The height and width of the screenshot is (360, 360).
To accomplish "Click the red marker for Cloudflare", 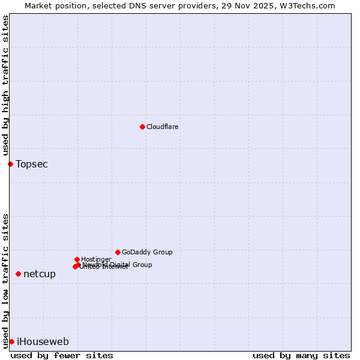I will click(142, 127).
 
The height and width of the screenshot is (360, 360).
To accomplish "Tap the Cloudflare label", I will click(163, 127).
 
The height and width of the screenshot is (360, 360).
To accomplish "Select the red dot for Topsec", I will click(10, 164).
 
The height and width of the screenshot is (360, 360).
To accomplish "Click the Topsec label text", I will click(32, 164).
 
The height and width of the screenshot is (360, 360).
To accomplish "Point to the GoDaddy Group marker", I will click(118, 252).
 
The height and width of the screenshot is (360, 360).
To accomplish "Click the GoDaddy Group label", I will click(147, 253).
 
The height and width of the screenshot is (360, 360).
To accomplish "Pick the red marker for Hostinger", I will click(77, 259).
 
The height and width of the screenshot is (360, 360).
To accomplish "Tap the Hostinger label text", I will click(96, 260).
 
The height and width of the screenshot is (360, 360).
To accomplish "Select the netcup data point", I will click(18, 274).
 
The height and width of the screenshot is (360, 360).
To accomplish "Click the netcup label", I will click(40, 274).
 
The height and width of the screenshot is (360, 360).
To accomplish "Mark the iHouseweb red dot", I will click(11, 341).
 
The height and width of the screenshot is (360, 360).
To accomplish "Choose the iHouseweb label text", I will click(43, 342).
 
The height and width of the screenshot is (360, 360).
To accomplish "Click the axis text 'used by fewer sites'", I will click(62, 355).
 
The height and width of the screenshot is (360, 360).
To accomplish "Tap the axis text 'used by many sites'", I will click(301, 355).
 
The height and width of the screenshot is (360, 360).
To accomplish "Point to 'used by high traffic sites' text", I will click(5, 86).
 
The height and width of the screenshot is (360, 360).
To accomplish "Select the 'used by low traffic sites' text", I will click(5, 280).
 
